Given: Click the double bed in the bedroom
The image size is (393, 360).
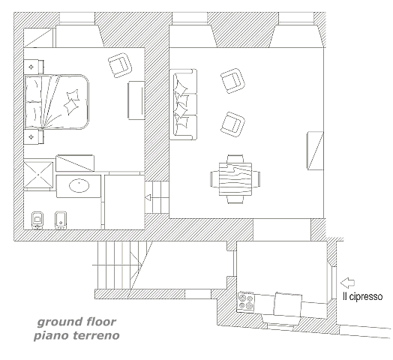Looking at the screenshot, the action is (x=57, y=102).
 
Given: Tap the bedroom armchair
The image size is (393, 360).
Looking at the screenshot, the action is (x=120, y=65).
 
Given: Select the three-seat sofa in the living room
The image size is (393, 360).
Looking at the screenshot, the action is (x=183, y=104).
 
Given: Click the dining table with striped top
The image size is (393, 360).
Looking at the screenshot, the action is (x=235, y=179).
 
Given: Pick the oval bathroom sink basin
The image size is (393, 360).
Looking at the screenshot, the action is (x=79, y=185).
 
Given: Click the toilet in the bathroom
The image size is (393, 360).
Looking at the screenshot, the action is (x=37, y=220).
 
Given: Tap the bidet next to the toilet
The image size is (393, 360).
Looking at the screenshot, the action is (x=61, y=220).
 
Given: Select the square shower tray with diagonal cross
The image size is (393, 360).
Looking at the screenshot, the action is (x=38, y=175).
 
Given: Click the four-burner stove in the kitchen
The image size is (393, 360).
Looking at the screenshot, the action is (x=246, y=301).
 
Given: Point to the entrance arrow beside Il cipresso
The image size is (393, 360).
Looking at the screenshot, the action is (x=347, y=283).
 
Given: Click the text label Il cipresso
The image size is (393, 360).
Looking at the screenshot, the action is (x=362, y=296).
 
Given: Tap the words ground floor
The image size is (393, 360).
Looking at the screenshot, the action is (x=76, y=322).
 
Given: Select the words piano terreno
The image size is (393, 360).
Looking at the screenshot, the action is (x=76, y=335).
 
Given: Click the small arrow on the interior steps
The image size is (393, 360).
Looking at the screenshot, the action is (x=148, y=197).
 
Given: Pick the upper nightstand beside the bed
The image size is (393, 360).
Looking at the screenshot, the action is (x=34, y=67).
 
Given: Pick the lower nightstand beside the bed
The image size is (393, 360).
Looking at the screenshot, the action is (x=34, y=137).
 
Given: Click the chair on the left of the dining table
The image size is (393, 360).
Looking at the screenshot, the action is (x=214, y=179).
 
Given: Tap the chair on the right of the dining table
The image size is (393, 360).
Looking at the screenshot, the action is (x=256, y=179).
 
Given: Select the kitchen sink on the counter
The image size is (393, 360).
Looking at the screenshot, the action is (x=288, y=304).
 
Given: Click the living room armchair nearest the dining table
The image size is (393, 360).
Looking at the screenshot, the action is (x=232, y=124).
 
